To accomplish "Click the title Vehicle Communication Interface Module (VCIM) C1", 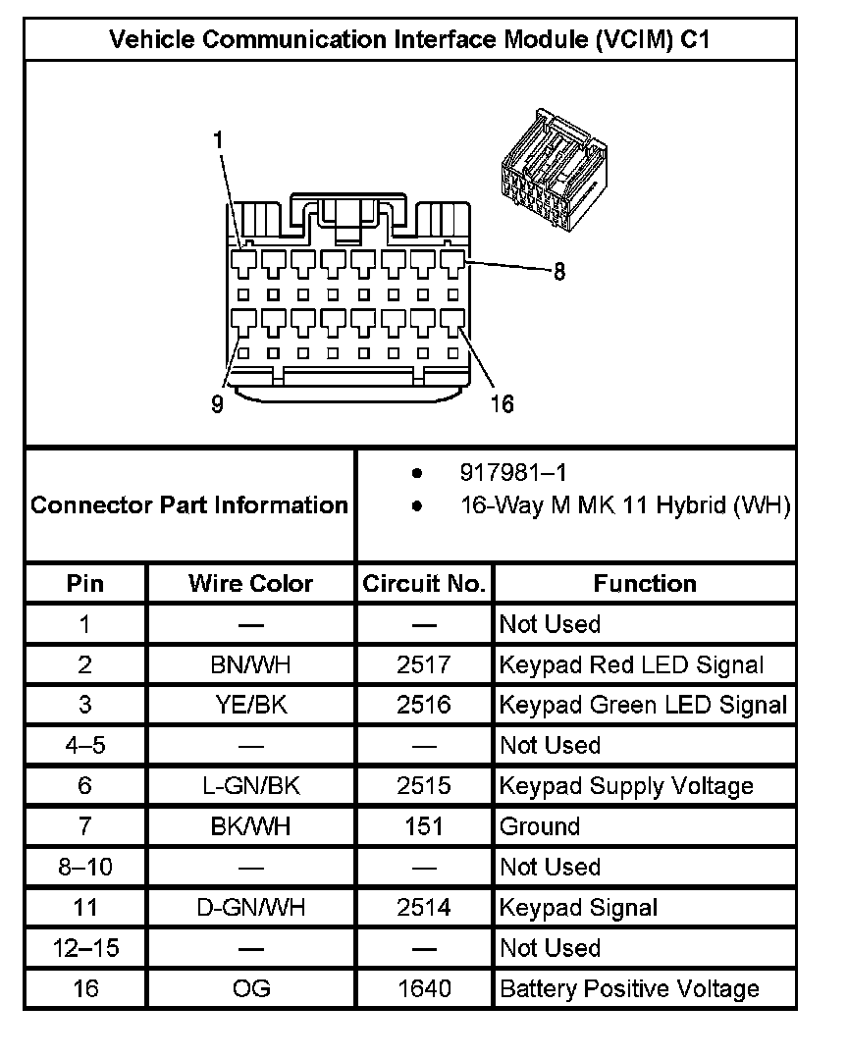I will [x=410, y=40].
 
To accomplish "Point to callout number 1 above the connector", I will [x=219, y=140].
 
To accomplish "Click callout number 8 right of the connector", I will [x=559, y=272].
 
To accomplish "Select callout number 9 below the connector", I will [x=217, y=403].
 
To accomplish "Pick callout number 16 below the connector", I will [x=501, y=403].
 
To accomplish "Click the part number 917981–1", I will [x=513, y=473].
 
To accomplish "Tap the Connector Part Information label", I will [x=189, y=505].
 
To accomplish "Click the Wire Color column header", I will [x=250, y=584].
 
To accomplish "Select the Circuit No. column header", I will [x=424, y=584].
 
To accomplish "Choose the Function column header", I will [x=645, y=584].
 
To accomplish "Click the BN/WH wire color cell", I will [x=250, y=664].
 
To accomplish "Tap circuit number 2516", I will [x=424, y=705].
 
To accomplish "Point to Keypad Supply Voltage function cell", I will [x=626, y=786].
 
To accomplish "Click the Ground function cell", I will [x=540, y=826].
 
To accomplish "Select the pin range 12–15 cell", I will [x=85, y=948].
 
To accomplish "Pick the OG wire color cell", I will [x=250, y=988].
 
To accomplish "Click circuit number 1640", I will [x=424, y=988].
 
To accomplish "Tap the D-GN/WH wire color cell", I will [x=250, y=908].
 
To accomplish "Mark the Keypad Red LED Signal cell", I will [x=631, y=664].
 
